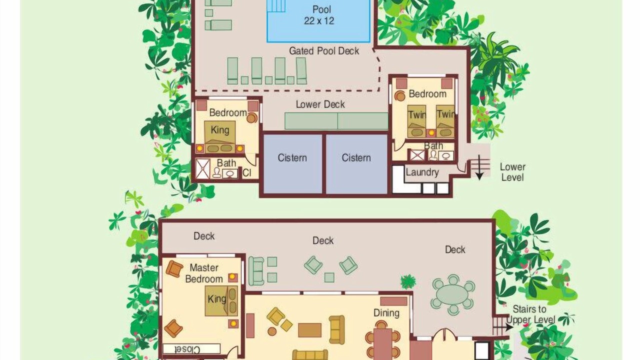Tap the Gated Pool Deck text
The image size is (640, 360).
tap(324, 51)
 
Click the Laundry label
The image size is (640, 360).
tap(422, 172)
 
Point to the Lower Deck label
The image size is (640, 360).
tap(320, 104)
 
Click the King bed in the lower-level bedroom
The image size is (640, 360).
tap(219, 137)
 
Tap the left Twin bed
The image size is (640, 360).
tap(417, 121)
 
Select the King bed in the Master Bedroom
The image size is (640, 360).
tap(221, 301)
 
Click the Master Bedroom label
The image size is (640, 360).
tap(204, 273)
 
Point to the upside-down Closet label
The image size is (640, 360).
tap(187, 349)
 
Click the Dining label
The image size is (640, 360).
tap(386, 313)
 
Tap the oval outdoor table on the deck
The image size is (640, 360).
tap(453, 295)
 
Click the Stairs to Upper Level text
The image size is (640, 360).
tap(530, 314)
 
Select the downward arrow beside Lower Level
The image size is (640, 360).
tap(479, 167)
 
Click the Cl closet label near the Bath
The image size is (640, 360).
tap(247, 173)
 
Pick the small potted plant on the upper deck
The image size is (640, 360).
tap(408, 281)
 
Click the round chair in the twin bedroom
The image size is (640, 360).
tap(399, 96)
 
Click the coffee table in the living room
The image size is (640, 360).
tap(309, 330)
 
